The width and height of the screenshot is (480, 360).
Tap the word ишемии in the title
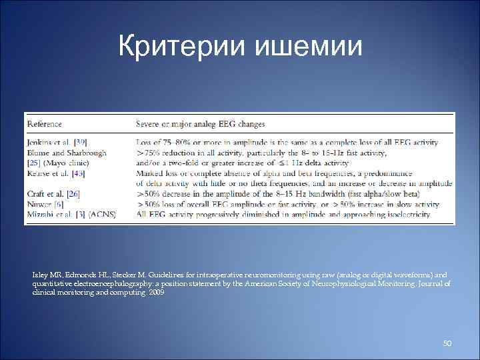click(x=305, y=46)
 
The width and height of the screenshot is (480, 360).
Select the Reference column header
click(x=45, y=124)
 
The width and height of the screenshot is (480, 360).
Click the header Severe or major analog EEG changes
click(x=200, y=124)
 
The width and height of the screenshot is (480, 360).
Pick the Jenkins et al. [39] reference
click(x=57, y=142)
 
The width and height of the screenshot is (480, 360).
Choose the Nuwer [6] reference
click(x=45, y=204)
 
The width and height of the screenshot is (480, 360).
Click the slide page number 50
click(x=447, y=343)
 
